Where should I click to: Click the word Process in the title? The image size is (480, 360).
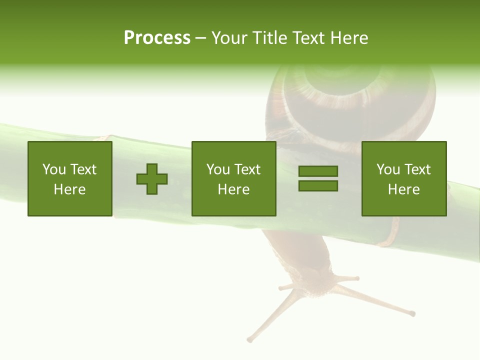(157, 38)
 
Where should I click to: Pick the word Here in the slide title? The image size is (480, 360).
(349, 38)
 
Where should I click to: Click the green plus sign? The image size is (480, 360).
(152, 178)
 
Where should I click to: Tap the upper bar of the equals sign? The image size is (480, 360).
(318, 171)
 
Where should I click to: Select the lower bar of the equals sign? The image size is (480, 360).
(318, 185)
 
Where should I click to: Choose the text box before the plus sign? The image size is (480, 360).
(70, 178)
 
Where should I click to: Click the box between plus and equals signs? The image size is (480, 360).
(233, 178)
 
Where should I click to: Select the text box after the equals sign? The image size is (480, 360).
(404, 178)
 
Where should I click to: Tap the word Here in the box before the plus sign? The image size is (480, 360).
(70, 189)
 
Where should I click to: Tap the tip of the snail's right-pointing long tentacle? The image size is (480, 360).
(412, 314)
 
